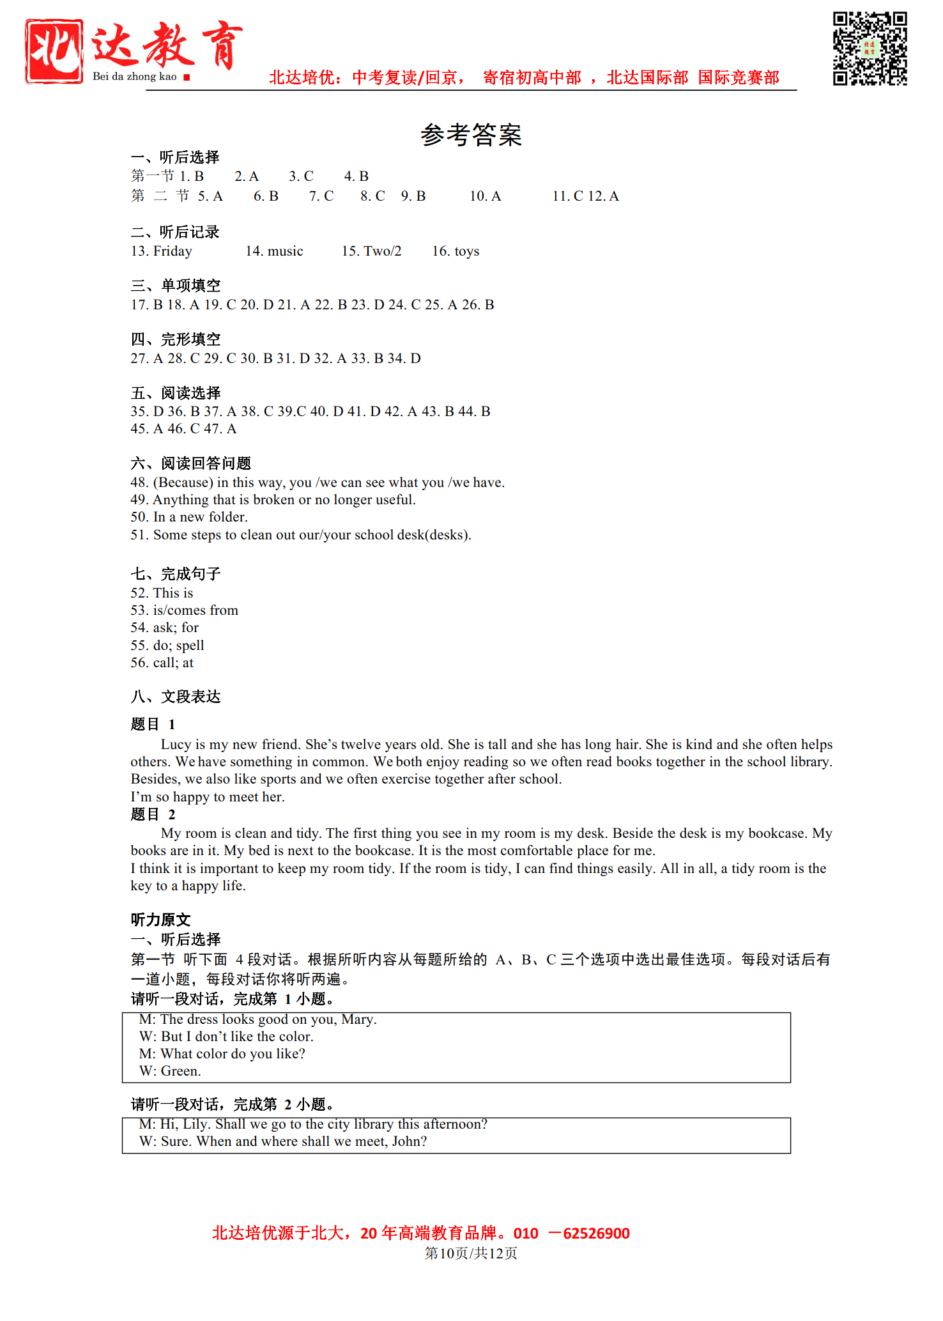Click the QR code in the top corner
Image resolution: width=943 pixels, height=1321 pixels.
click(x=870, y=48)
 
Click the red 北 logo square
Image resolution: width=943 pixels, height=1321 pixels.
click(x=54, y=50)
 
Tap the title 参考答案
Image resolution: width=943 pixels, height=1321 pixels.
click(x=471, y=135)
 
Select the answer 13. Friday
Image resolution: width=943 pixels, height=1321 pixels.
click(x=162, y=251)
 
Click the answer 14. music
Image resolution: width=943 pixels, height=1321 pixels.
click(x=274, y=251)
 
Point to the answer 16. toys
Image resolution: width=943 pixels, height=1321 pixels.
click(x=456, y=251)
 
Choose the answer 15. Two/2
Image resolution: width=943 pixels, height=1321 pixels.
click(x=371, y=251)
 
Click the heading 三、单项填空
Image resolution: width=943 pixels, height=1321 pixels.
click(x=176, y=286)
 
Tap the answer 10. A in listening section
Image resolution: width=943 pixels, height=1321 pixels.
click(x=485, y=196)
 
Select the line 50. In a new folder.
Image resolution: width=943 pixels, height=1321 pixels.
click(x=189, y=517)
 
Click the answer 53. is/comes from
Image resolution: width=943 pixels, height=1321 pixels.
click(x=184, y=610)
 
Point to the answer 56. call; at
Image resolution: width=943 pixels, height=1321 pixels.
click(x=162, y=663)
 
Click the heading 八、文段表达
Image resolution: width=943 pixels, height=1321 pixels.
click(x=176, y=697)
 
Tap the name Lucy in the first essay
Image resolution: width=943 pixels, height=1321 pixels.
click(x=176, y=745)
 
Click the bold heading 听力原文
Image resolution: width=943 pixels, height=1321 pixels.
click(x=160, y=920)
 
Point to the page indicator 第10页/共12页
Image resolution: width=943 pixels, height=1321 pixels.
click(x=471, y=1253)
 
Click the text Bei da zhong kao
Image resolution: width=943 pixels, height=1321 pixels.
click(x=134, y=77)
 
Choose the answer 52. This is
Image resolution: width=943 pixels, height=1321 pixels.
click(x=162, y=593)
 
